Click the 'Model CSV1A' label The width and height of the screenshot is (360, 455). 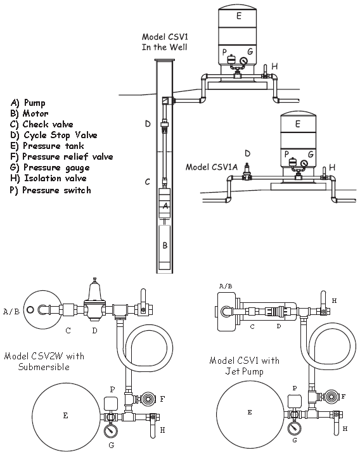[x=211, y=167]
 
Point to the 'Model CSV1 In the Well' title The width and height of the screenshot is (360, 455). [x=165, y=42]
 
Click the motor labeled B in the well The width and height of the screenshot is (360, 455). [x=165, y=247]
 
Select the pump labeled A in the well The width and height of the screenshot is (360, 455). [x=164, y=203]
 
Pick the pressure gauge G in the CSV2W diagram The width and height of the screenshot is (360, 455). [x=111, y=430]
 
